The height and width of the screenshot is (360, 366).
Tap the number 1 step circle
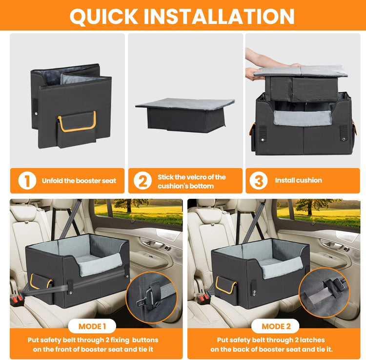(x=27, y=180)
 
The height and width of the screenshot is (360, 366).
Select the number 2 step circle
(x=142, y=181)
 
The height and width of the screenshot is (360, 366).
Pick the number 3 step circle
(x=258, y=180)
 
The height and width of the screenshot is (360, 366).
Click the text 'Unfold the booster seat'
(x=79, y=181)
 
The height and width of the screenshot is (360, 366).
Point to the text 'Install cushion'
(x=298, y=180)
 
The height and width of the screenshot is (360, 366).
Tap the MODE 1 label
(x=92, y=326)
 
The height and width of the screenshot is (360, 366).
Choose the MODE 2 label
(x=276, y=326)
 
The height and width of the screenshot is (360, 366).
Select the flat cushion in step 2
(x=185, y=104)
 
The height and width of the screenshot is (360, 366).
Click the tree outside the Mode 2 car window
(x=312, y=205)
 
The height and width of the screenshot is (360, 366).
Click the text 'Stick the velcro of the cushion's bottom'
(x=191, y=181)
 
